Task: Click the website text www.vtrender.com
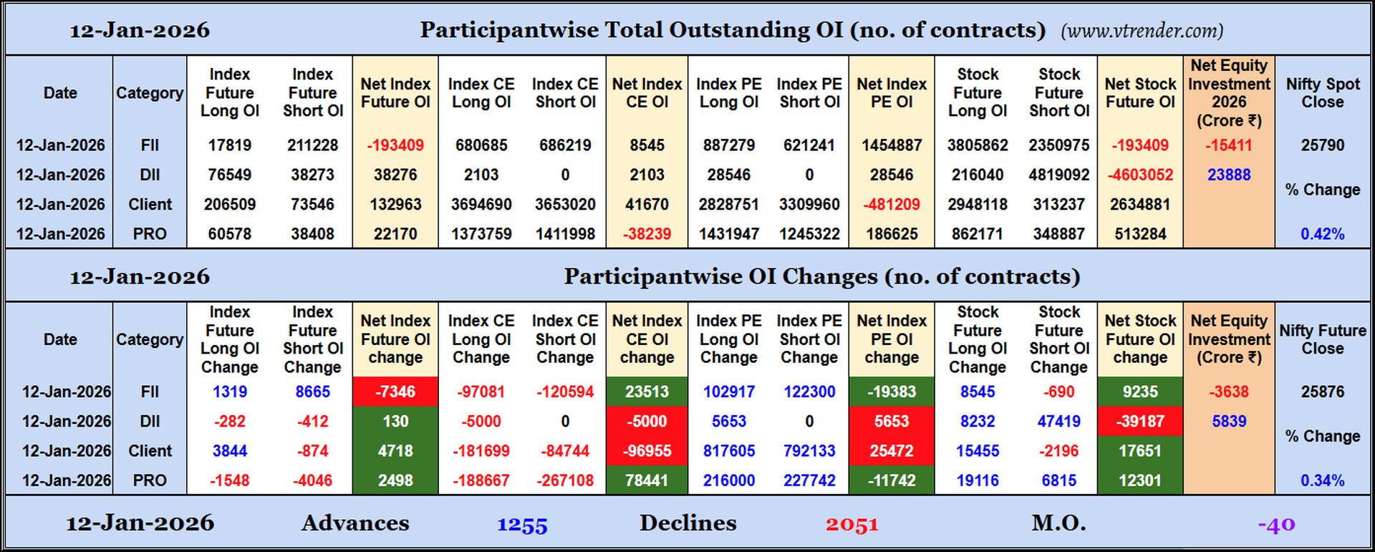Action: (1142, 31)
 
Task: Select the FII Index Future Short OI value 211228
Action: (312, 145)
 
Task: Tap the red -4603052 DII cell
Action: (1140, 175)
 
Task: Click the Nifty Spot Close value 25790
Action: (1322, 145)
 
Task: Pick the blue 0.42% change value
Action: (1322, 234)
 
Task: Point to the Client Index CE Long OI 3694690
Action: (481, 205)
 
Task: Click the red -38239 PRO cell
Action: (647, 234)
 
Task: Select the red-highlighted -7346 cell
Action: (395, 392)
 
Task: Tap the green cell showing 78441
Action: (647, 481)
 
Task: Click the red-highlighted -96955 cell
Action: (647, 451)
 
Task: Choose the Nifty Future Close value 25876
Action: (1322, 392)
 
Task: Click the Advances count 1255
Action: (522, 525)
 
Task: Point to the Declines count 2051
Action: (851, 525)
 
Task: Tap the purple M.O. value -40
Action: (1276, 525)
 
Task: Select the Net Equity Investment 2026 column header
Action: (1229, 93)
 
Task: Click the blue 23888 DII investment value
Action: (1229, 175)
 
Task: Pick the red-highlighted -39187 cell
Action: (1140, 422)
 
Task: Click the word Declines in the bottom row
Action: (687, 523)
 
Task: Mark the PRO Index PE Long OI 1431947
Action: (728, 234)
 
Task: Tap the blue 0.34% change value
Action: (1322, 481)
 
